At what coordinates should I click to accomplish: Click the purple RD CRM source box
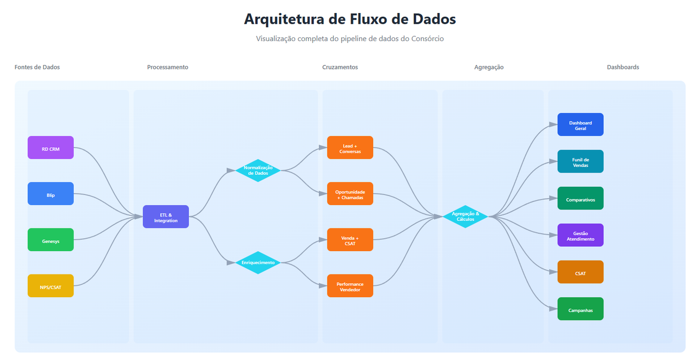(x=50, y=148)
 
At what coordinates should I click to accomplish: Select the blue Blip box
(x=50, y=194)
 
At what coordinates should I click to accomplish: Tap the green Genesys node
(x=50, y=240)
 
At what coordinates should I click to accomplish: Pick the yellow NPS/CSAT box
(x=50, y=286)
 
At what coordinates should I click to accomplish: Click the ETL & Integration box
(x=166, y=217)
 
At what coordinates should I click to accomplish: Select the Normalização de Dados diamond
(x=258, y=171)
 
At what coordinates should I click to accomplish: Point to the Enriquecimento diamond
(x=258, y=263)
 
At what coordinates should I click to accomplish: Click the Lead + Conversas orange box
(x=350, y=148)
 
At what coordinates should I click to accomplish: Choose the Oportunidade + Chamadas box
(x=350, y=194)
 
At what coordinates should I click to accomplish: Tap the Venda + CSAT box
(x=350, y=240)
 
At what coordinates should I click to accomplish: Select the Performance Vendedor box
(x=350, y=286)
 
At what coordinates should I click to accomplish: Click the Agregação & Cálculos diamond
(x=465, y=217)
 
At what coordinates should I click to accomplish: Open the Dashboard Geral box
(x=580, y=125)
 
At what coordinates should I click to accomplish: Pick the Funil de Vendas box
(x=580, y=161)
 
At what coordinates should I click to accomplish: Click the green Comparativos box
(x=580, y=198)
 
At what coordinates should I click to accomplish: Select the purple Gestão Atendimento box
(x=580, y=235)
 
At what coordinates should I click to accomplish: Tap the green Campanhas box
(x=580, y=309)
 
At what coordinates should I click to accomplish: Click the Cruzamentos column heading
(x=340, y=67)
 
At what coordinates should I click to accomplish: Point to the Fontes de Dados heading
(x=37, y=67)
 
